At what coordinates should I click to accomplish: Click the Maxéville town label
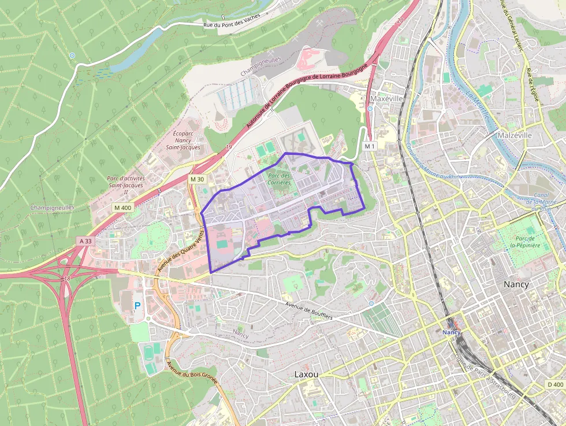pos(388,99)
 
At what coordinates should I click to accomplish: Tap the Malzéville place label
pos(514,135)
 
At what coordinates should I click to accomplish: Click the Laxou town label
pos(306,374)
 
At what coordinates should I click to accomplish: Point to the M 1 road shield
pos(370,147)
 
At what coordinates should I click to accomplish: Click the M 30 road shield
pos(197,179)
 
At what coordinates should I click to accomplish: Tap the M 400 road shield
pos(122,208)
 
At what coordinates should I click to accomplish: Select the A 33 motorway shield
pos(86,240)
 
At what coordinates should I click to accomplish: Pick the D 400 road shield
pos(554,384)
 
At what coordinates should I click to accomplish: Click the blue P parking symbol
pos(137,305)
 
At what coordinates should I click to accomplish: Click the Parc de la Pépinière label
pos(525,242)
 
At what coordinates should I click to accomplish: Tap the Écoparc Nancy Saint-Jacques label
pos(183,140)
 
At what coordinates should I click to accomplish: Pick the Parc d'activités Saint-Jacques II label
pos(126,186)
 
